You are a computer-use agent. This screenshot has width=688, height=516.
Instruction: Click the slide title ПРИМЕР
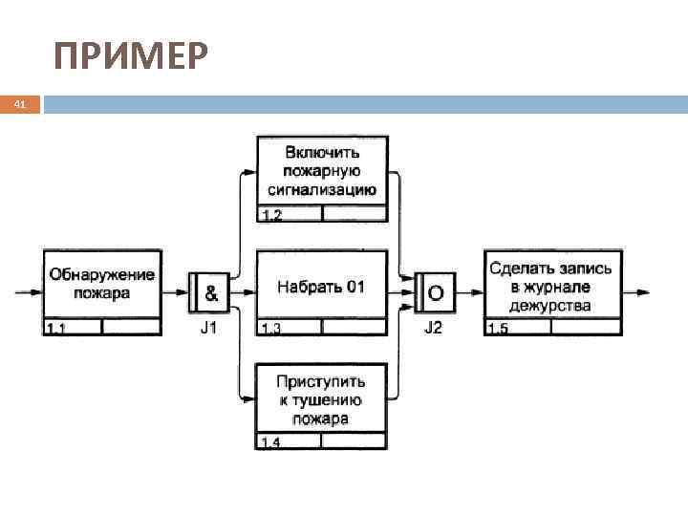(130, 58)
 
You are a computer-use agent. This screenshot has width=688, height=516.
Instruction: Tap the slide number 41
(19, 104)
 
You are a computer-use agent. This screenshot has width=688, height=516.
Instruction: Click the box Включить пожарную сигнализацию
(321, 171)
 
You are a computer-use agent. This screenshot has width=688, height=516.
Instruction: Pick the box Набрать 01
(321, 286)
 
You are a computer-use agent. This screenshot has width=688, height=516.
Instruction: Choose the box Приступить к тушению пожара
(321, 400)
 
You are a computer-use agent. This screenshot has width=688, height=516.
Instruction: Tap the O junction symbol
(436, 291)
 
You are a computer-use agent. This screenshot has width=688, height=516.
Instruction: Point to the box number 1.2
(271, 214)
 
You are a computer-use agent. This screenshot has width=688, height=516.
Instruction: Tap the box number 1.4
(271, 443)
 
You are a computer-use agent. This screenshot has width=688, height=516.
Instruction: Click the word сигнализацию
(321, 189)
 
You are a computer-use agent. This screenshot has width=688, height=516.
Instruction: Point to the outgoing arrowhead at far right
(646, 290)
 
